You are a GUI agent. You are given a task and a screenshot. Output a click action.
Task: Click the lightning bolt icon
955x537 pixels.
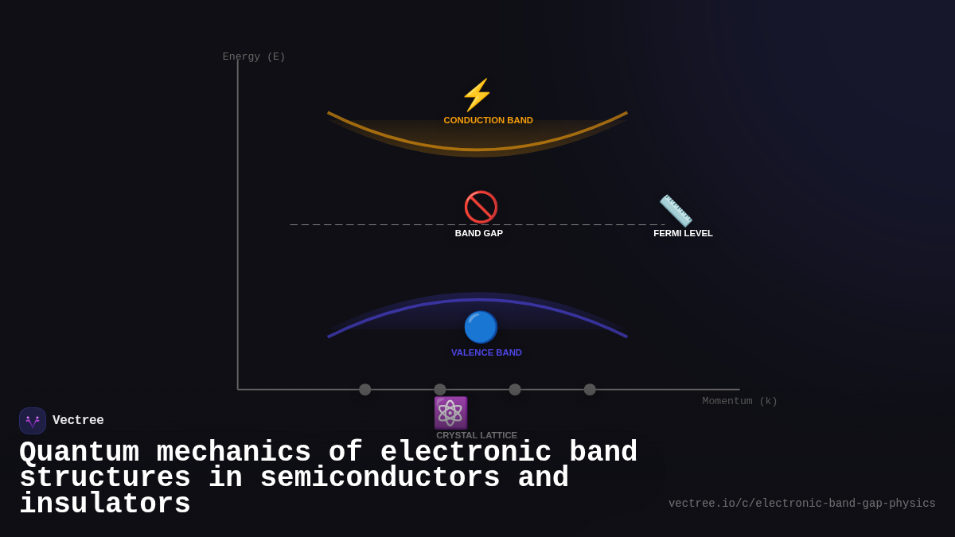pos(477,95)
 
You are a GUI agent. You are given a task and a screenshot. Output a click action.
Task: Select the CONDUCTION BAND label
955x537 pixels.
pos(488,120)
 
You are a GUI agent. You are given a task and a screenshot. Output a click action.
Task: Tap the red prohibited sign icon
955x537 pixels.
pos(481,208)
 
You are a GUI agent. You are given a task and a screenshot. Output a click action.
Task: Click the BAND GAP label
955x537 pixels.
pos(478,233)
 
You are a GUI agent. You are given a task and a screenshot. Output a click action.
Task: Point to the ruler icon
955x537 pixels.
pos(676,211)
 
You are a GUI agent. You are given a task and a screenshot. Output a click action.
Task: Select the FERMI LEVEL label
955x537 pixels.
pos(683,233)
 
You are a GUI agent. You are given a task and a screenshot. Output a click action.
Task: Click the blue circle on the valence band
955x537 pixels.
pos(481,327)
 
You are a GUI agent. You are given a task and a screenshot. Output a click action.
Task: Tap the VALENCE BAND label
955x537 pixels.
pos(486,352)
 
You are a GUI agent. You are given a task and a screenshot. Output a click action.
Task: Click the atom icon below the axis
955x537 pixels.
pos(450,413)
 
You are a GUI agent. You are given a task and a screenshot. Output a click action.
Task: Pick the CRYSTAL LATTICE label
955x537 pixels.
pos(476,435)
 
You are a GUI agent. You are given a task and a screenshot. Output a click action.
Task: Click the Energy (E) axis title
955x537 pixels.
pos(254,56)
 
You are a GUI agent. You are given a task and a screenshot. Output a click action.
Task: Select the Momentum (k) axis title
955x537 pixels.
pos(739,401)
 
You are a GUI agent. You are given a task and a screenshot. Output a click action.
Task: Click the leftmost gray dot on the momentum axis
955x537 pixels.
pos(364,390)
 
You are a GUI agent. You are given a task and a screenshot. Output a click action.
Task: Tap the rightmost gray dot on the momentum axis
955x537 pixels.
pos(590,390)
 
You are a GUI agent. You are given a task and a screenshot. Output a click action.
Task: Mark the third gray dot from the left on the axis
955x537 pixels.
pos(515,390)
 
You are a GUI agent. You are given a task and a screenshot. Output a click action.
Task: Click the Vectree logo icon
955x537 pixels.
pos(33,421)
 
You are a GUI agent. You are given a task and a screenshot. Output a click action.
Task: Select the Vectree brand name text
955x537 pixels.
pos(78,421)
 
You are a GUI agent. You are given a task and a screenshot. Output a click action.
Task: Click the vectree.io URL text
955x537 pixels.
pos(801,504)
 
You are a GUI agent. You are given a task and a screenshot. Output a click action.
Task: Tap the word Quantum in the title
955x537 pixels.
pos(79,452)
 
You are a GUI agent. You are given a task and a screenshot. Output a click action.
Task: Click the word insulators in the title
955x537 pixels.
pos(104,504)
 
